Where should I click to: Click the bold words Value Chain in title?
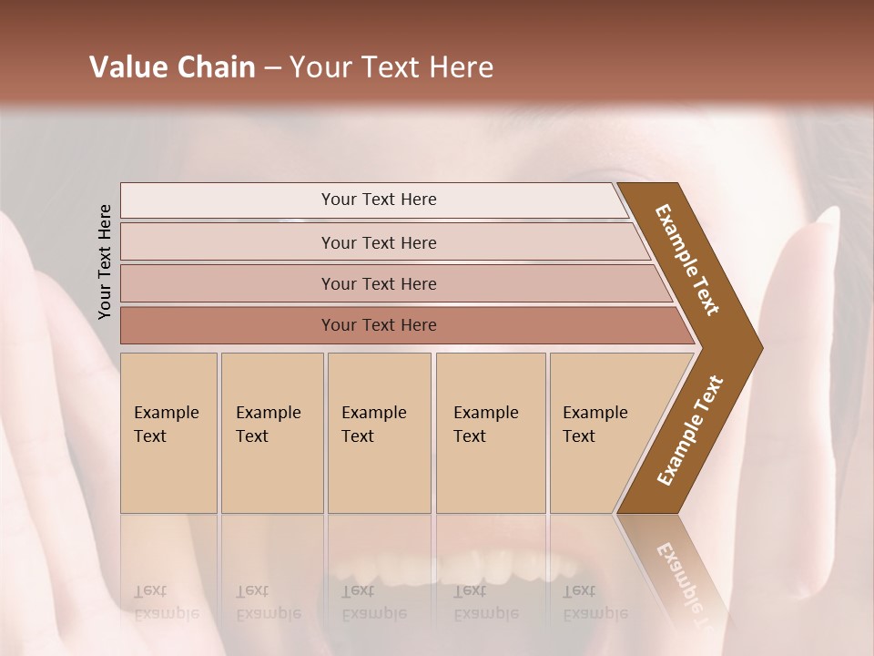point(172,67)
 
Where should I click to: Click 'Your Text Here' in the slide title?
point(391,67)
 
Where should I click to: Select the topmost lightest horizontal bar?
point(379,200)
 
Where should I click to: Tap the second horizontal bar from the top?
point(379,242)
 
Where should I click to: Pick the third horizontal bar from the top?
point(379,283)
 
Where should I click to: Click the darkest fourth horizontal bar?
point(379,325)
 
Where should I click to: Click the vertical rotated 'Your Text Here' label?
point(105,261)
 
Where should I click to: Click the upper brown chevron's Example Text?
point(687,260)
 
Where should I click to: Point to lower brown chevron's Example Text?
point(689,431)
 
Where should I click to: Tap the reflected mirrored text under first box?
point(167,602)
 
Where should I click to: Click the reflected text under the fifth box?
point(595,602)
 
